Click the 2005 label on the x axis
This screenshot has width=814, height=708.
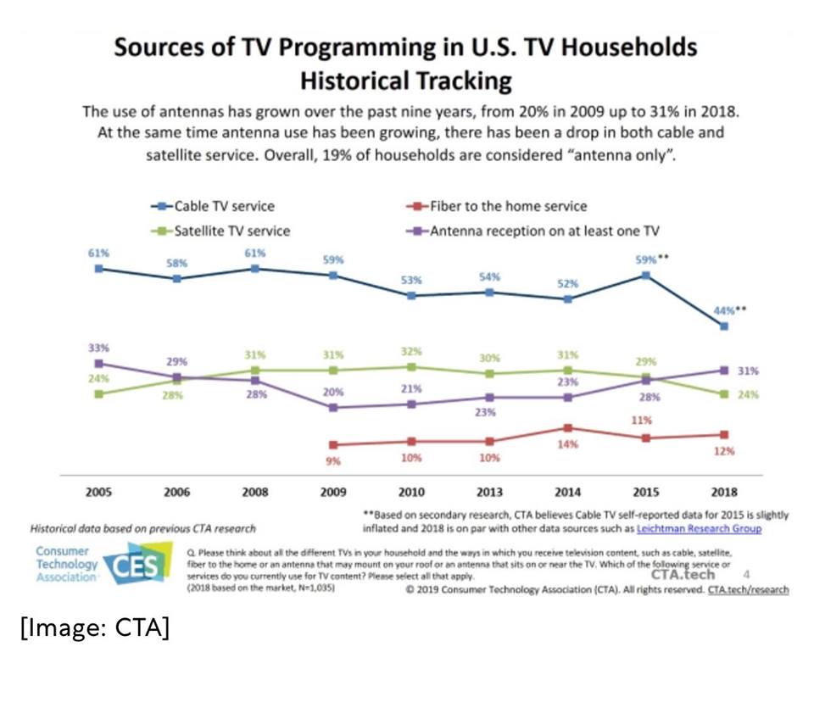point(98,492)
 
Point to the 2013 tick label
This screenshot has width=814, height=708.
point(489,492)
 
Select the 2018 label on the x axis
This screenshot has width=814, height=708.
point(724,492)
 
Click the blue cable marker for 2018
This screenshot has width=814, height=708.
point(724,326)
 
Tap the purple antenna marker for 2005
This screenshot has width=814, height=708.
point(99,363)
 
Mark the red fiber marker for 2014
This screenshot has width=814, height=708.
point(567,428)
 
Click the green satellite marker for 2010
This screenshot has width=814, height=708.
point(411,367)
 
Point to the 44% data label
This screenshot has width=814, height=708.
point(726,310)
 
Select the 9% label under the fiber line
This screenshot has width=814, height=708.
point(333,461)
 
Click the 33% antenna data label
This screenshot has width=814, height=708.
point(98,348)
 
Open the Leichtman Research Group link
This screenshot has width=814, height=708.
point(699,528)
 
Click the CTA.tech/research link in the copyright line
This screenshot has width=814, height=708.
point(748,589)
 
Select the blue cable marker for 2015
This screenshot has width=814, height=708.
point(646,275)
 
